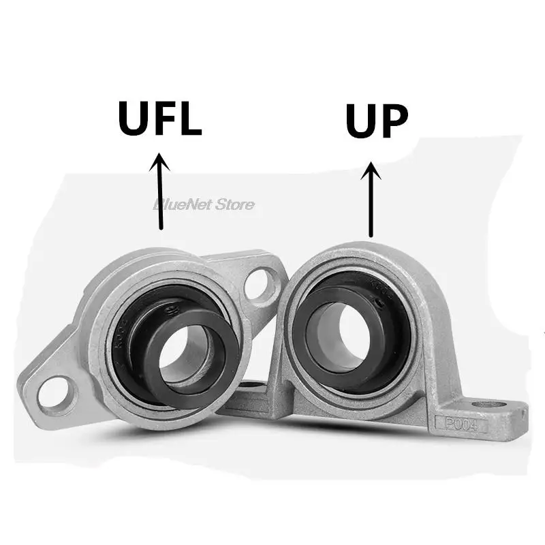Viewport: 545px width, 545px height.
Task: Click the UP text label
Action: coord(377,122)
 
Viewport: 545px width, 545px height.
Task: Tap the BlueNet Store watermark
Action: coord(204,204)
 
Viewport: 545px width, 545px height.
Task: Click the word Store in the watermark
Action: coord(234,204)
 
